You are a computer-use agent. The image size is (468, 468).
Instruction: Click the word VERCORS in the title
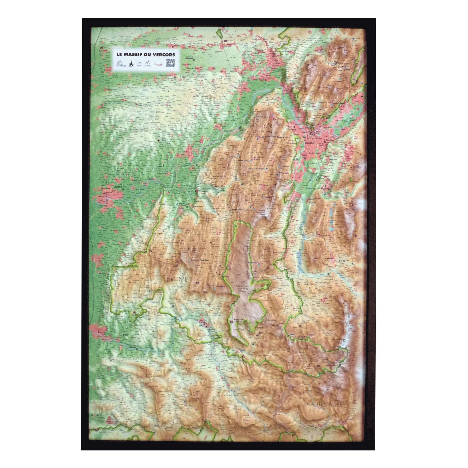coord(165,54)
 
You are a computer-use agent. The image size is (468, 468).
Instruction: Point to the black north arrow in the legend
coord(131,64)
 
